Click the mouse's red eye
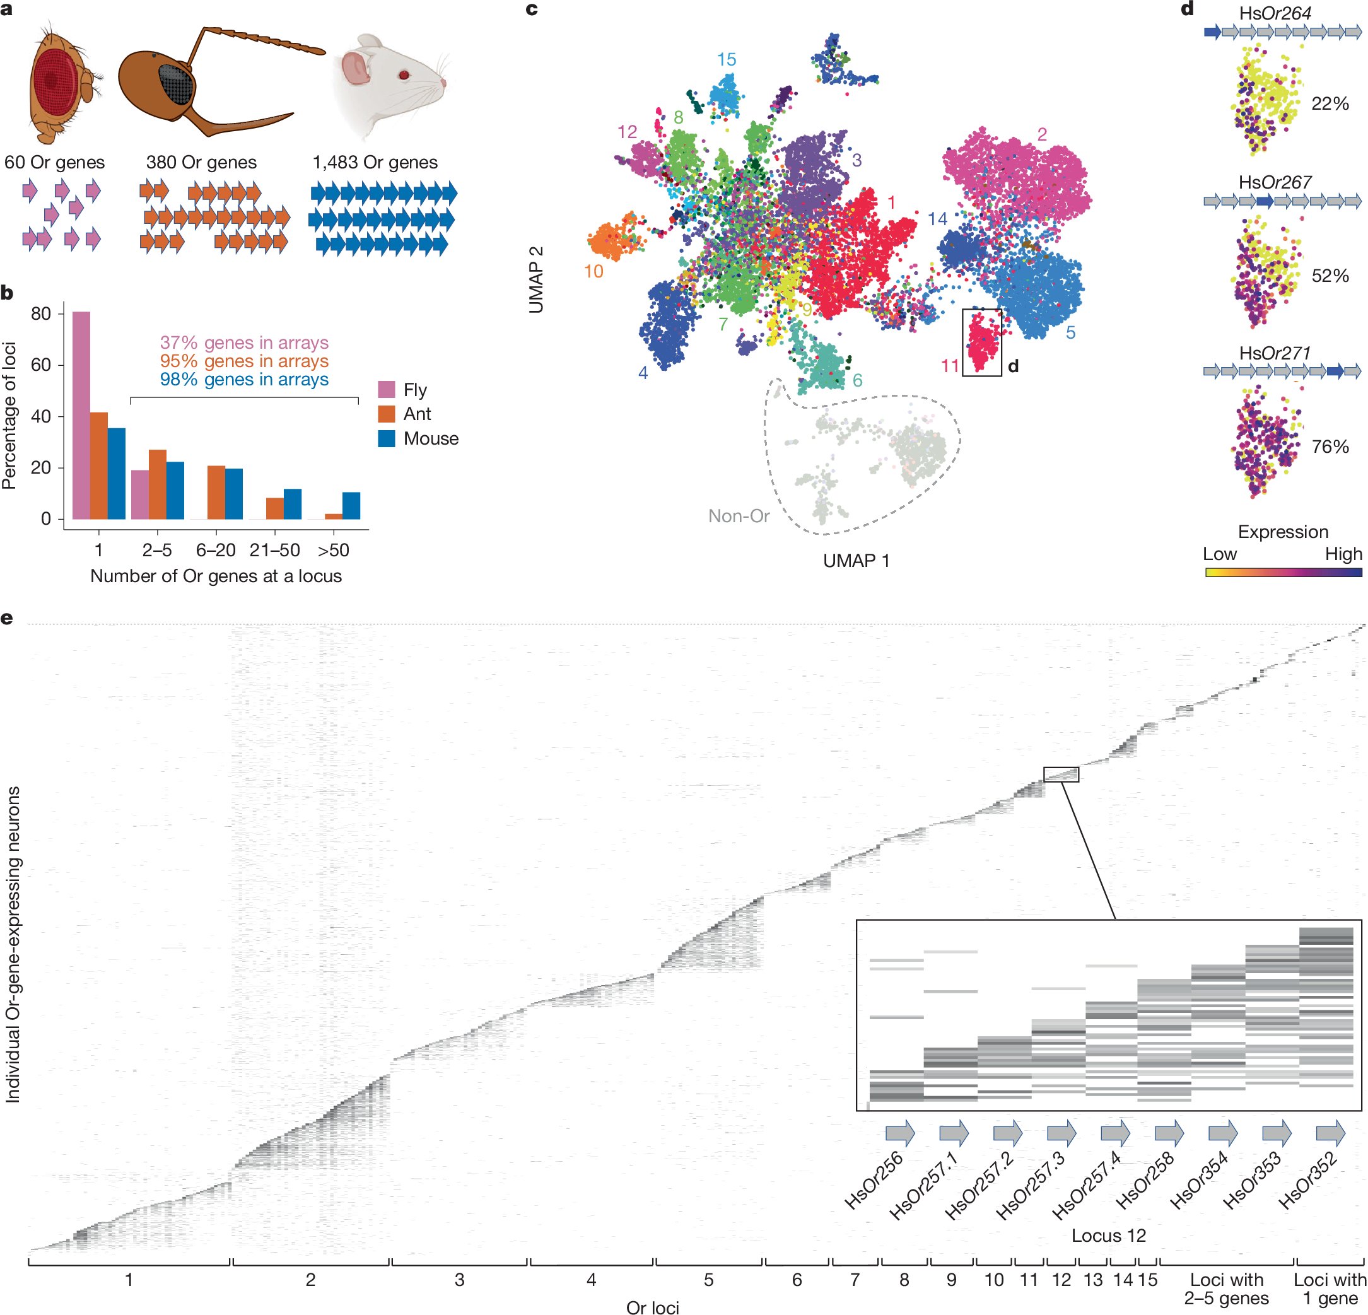403,74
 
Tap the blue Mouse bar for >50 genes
351,505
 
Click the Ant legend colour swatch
387,414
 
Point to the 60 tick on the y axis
42,365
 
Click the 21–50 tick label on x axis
274,550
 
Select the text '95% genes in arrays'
244,361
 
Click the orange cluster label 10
593,272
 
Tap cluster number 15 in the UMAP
726,59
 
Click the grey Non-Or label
739,516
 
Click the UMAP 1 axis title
856,561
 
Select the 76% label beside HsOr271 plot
1330,447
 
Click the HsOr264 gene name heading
1275,13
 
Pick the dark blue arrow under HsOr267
1265,201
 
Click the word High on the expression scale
1343,554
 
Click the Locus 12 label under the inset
1108,1236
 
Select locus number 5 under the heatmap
708,1280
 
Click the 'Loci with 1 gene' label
1330,1289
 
